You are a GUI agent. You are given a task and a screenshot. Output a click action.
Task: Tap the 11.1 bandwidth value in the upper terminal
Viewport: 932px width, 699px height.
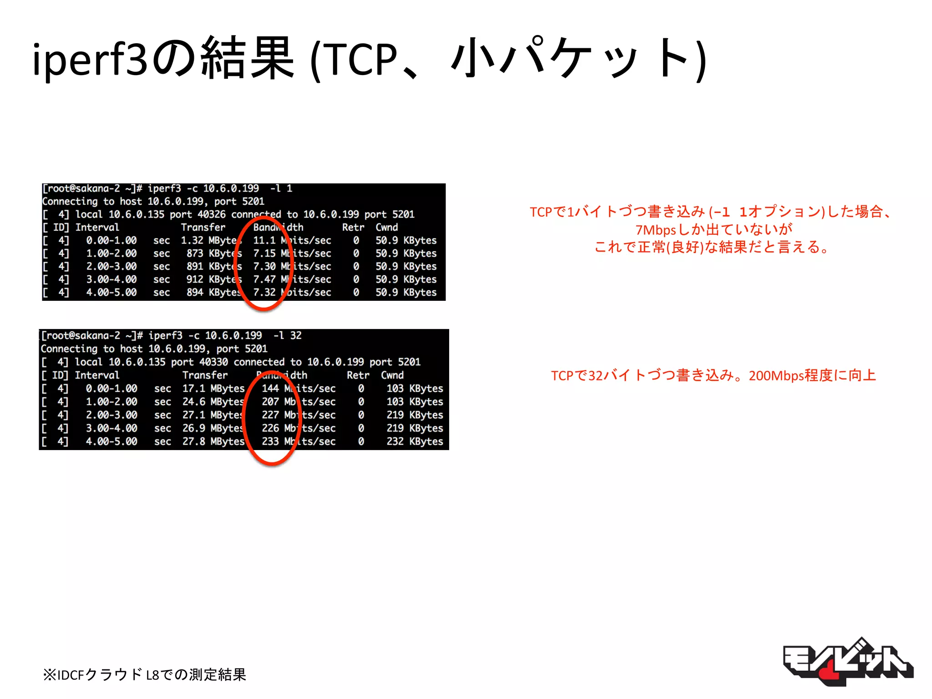pos(264,240)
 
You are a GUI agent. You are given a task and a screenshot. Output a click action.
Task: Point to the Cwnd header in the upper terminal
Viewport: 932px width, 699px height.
pos(386,227)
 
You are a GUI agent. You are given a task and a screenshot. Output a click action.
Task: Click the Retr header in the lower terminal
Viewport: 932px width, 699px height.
pos(358,375)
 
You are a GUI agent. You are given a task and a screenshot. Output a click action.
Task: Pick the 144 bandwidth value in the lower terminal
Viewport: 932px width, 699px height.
pos(270,388)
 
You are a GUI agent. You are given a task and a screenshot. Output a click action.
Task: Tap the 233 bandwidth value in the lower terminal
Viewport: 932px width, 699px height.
pos(270,441)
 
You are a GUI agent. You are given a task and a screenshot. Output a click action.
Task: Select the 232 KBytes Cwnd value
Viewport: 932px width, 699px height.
pos(415,441)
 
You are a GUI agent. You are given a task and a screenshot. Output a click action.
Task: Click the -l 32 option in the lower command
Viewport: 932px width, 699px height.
pos(287,335)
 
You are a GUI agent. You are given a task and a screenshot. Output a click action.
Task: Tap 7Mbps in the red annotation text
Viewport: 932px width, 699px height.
pos(655,230)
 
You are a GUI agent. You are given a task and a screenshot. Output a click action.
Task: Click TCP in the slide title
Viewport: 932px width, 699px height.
pos(362,59)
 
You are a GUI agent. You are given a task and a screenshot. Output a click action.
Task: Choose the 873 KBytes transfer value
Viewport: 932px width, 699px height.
pos(214,253)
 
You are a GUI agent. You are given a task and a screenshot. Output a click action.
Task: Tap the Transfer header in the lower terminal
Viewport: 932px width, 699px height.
pos(205,375)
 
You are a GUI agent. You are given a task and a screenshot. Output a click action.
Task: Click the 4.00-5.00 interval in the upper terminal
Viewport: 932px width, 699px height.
pos(111,292)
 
